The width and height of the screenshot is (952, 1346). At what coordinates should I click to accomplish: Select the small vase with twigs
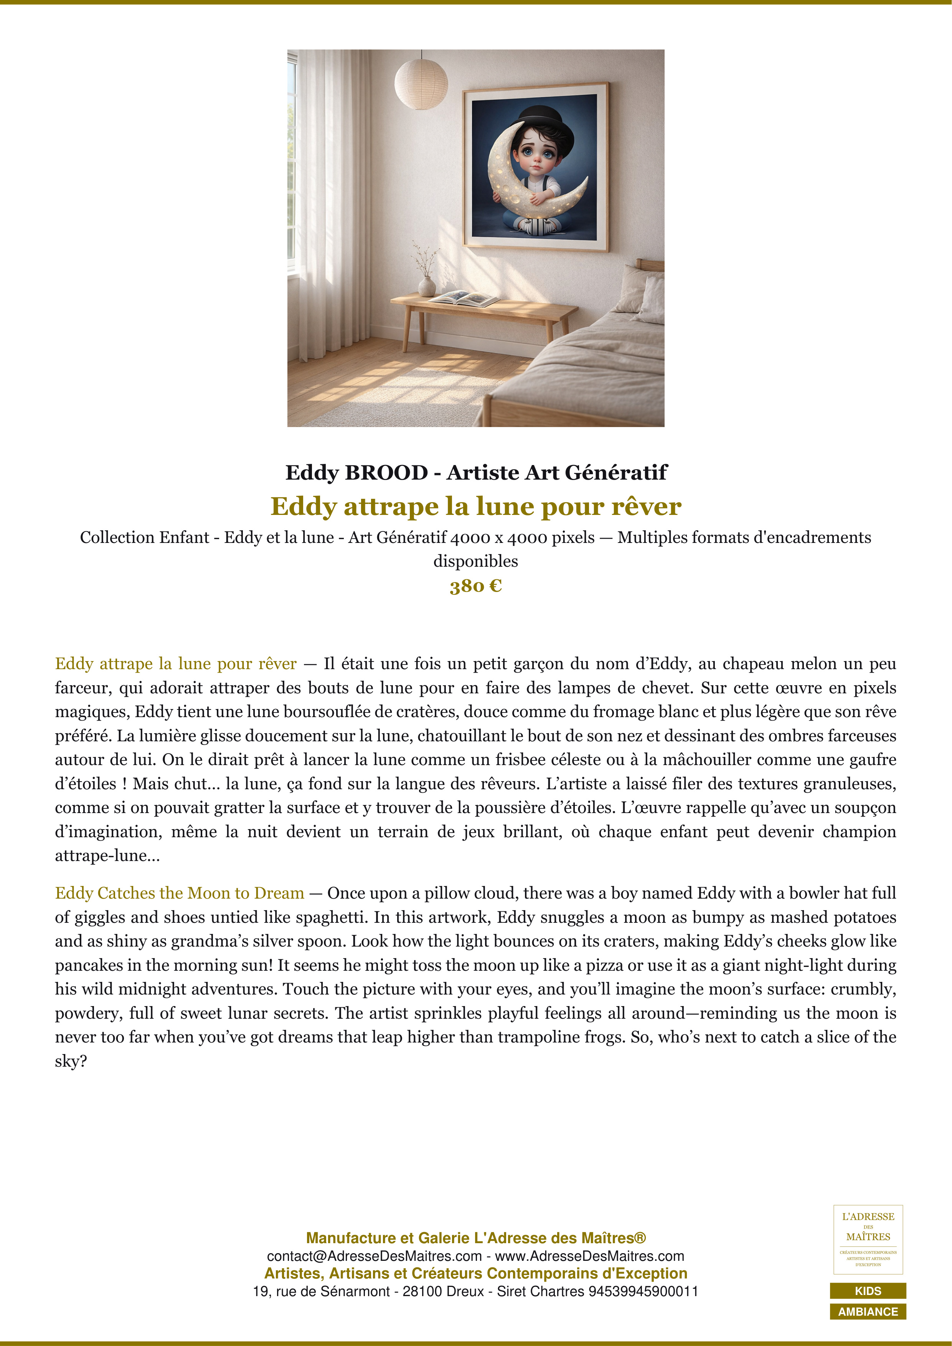(x=427, y=285)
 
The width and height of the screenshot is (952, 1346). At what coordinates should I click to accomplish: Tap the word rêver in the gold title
(x=646, y=506)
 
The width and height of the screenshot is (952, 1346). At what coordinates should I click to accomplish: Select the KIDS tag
(x=868, y=1291)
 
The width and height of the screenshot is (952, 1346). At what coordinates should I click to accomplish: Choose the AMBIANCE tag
(x=868, y=1311)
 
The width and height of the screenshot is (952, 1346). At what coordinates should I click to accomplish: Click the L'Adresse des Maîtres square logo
(x=868, y=1239)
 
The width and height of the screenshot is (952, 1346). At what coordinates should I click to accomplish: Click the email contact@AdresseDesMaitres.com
(x=374, y=1256)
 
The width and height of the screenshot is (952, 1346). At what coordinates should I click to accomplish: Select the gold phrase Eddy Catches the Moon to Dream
(x=179, y=893)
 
